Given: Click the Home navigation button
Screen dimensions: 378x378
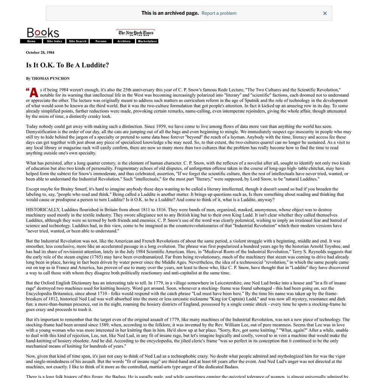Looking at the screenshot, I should pyautogui.click(x=31, y=41).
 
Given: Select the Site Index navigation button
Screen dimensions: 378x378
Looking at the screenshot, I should pyautogui.click(x=54, y=41).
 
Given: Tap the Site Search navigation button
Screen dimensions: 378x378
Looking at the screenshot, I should pyautogui.click(x=77, y=41).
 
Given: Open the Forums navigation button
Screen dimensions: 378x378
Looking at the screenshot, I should pyautogui.click(x=101, y=41).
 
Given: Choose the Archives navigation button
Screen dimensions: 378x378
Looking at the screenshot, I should pyautogui.click(x=124, y=41).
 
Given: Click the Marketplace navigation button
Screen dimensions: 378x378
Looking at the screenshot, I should pyautogui.click(x=147, y=41).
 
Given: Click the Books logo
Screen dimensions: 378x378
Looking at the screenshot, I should pyautogui.click(x=43, y=33).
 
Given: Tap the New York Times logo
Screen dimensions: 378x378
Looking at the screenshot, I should pyautogui.click(x=136, y=33).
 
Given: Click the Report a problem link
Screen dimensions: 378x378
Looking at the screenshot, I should pyautogui.click(x=219, y=13).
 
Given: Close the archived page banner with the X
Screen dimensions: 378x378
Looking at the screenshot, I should pyautogui.click(x=325, y=13).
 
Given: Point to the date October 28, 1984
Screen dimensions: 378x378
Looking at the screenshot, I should pyautogui.click(x=40, y=53).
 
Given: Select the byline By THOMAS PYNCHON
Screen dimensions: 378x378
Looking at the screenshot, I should pyautogui.click(x=48, y=79).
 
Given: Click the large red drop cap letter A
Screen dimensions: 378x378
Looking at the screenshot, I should pyautogui.click(x=34, y=93).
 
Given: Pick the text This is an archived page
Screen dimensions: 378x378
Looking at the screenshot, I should pyautogui.click(x=170, y=13).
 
